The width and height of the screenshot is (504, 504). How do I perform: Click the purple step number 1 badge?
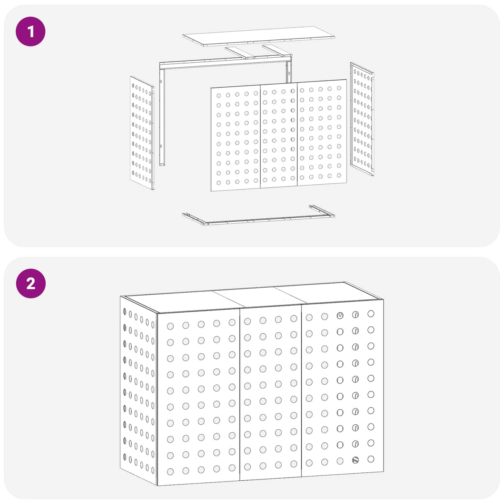pos(31,32)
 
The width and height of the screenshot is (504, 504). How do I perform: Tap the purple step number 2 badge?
pos(31,283)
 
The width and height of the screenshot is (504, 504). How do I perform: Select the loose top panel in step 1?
pos(259,37)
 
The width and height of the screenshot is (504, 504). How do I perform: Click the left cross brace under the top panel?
pos(240,53)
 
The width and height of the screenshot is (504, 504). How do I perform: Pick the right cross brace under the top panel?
pos(277,51)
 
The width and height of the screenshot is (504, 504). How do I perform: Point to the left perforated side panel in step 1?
pos(142,133)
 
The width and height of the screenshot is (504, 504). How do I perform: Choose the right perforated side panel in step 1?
pos(362,119)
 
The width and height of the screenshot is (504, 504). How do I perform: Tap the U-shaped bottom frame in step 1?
pos(259,215)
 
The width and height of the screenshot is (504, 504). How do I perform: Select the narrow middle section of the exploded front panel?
pos(279,135)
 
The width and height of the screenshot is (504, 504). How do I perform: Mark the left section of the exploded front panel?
pos(236,138)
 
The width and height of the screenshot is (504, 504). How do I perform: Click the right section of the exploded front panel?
pos(322,132)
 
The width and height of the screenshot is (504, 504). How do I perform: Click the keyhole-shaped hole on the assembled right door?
pos(340,316)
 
